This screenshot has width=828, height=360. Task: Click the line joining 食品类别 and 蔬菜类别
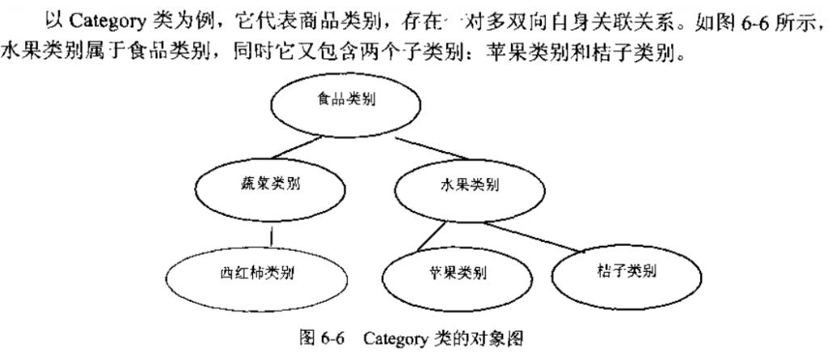pos(297,147)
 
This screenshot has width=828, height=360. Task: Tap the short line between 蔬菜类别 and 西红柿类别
pos(272,236)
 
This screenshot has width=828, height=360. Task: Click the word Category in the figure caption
pos(395,338)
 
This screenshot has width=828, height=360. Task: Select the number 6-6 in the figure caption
pos(332,338)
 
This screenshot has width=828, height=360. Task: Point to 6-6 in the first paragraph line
pos(762,22)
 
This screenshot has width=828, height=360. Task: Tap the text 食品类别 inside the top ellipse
pos(346,100)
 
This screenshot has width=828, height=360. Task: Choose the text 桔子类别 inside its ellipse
pos(627,272)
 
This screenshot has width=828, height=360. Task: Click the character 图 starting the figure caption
pos(307,338)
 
